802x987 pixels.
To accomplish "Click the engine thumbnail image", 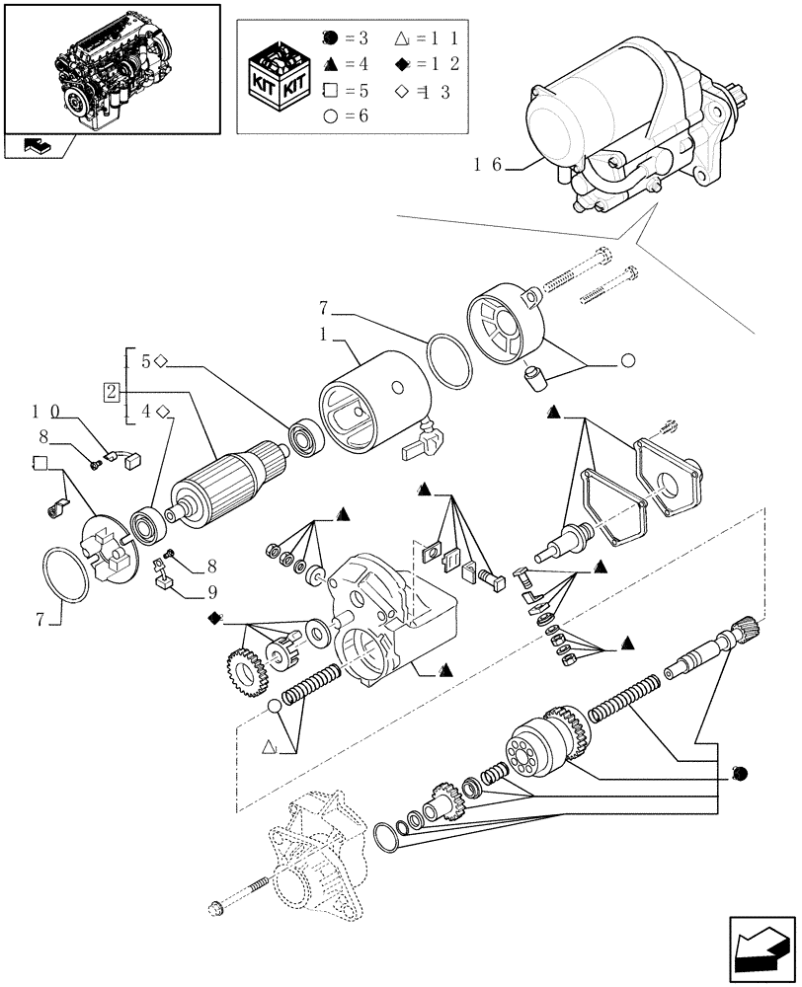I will (110, 69).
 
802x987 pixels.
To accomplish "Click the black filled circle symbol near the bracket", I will (738, 772).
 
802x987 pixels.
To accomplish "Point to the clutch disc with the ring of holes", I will (534, 754).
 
